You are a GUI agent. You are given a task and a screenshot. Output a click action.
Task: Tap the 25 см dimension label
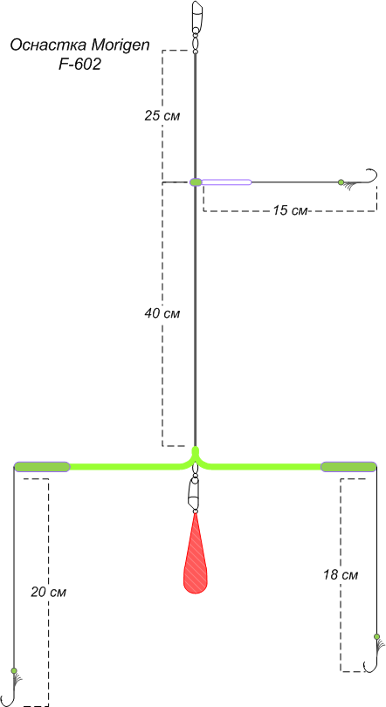click(x=162, y=116)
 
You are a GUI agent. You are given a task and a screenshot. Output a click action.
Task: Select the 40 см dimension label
click(x=162, y=313)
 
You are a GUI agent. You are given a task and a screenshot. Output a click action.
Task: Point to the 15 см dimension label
click(x=290, y=210)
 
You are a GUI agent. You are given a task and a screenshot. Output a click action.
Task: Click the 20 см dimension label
click(x=48, y=592)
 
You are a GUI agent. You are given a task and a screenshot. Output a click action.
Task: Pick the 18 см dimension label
click(x=341, y=575)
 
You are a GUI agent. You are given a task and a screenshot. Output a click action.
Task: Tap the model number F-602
click(x=79, y=65)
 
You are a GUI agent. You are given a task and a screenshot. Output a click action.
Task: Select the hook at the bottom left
click(x=9, y=690)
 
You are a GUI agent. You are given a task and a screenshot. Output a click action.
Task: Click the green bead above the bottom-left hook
click(x=13, y=670)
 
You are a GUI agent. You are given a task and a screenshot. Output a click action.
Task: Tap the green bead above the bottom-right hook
click(x=377, y=636)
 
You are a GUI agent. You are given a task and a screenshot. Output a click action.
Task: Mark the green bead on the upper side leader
click(x=341, y=182)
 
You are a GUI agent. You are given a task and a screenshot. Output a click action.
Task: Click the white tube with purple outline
click(x=226, y=182)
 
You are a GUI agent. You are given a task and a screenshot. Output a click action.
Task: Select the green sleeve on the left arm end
click(x=42, y=467)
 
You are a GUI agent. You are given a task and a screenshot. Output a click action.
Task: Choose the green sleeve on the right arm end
click(x=348, y=467)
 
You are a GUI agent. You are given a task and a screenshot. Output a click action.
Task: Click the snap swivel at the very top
click(x=196, y=27)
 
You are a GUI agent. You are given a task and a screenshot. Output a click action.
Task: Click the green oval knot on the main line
click(x=196, y=182)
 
